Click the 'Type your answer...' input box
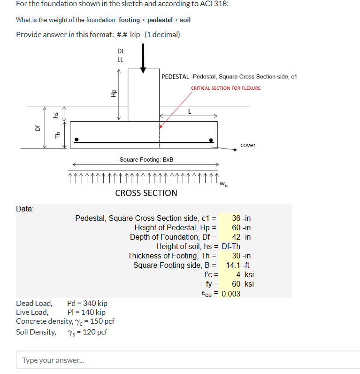click(188, 360)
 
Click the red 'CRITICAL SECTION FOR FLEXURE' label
click(225, 88)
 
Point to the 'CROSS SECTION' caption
click(146, 193)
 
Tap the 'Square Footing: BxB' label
click(146, 160)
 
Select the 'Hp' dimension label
click(112, 93)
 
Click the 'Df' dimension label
click(39, 128)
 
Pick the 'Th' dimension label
click(58, 135)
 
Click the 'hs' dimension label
click(56, 114)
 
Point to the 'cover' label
click(248, 145)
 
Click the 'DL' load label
click(120, 51)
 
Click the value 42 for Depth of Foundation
click(236, 237)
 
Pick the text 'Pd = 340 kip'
click(87, 304)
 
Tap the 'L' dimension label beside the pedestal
click(189, 111)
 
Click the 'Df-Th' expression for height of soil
click(231, 247)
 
